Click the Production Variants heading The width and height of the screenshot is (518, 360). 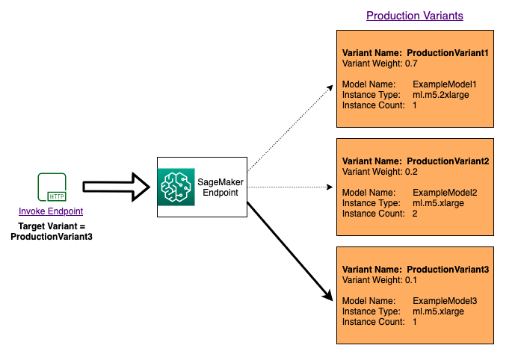pos(413,16)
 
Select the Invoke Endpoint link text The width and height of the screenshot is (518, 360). pos(51,211)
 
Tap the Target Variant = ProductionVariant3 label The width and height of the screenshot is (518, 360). pos(51,231)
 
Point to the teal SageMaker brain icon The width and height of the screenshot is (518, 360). pos(176,187)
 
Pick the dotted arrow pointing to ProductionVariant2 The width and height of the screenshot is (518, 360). pos(292,187)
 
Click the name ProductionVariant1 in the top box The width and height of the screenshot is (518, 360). pos(447,54)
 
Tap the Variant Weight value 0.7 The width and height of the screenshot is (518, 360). pos(412,64)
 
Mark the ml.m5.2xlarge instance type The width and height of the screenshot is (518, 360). pos(441,96)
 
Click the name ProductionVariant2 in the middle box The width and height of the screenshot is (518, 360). pos(447,161)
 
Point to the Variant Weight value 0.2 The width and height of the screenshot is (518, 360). pos(412,172)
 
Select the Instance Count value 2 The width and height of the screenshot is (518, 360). pos(415,214)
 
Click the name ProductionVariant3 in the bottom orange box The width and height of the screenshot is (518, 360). pos(447,269)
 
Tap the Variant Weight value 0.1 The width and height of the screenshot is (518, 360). pos(412,279)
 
